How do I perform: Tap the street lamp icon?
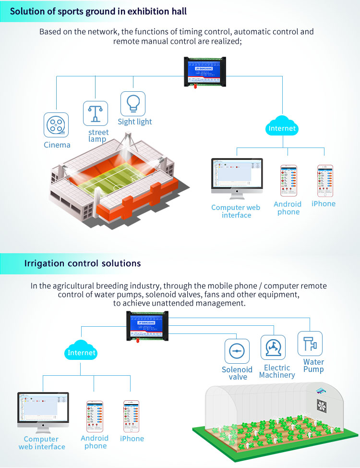point(96,113)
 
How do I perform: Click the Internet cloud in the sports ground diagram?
point(282,127)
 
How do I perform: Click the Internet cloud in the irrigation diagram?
point(82,352)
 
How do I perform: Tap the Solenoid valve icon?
point(237,351)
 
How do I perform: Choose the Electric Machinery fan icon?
point(273,347)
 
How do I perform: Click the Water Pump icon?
point(310,344)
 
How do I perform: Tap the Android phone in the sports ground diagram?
point(288,181)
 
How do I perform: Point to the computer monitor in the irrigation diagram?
point(43,410)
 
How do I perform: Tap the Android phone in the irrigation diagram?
point(95,416)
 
